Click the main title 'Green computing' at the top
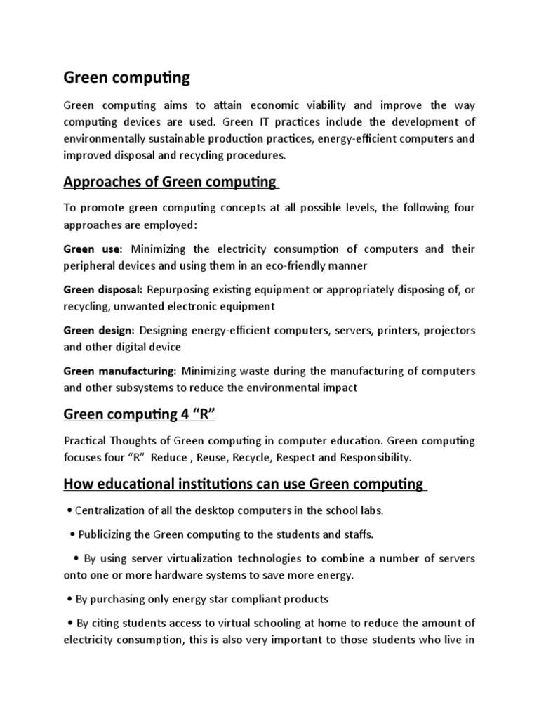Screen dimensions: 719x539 point(126,77)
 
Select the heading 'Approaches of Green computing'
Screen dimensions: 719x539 point(170,183)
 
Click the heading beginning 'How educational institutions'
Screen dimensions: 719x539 point(244,484)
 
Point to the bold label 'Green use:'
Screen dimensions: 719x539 point(93,249)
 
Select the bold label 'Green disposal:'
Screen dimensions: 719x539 point(103,289)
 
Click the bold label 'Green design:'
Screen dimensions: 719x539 point(99,330)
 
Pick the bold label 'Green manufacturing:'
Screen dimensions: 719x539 point(120,371)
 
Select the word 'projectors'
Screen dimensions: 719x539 point(448,330)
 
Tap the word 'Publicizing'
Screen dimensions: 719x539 point(109,534)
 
